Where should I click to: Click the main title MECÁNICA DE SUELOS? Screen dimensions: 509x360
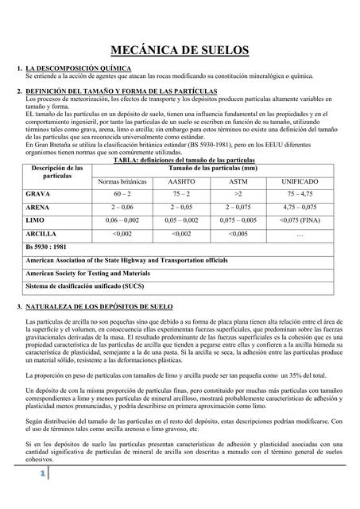pyautogui.click(x=180, y=51)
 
